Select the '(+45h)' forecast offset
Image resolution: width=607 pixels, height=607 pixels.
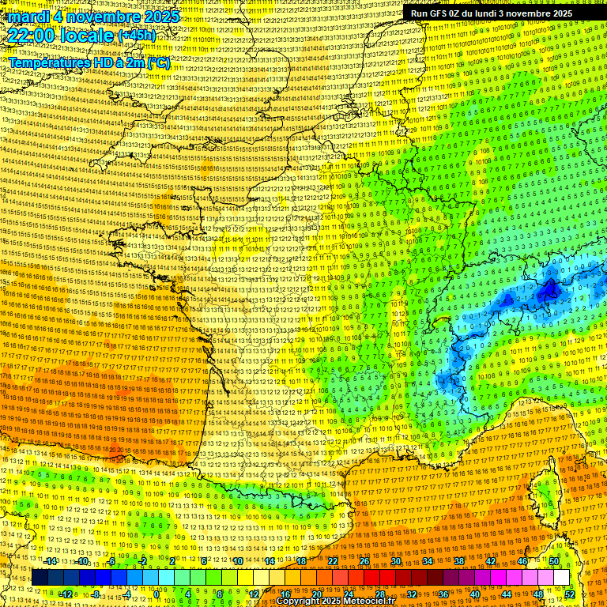pos(138,36)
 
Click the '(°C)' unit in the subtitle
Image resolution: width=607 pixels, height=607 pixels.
pos(157,62)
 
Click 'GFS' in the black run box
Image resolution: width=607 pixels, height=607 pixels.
pos(439,13)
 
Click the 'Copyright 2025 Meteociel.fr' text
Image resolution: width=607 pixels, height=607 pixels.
pos(335,601)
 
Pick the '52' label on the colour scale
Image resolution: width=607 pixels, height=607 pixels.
pos(570,594)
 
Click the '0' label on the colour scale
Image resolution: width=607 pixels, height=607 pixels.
pos(157,594)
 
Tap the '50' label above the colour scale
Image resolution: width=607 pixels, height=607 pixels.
pos(554,562)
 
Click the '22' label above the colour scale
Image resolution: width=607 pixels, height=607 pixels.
pos(333,562)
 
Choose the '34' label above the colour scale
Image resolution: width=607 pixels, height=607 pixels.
pos(428,562)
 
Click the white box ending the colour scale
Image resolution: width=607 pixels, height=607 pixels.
pos(561,578)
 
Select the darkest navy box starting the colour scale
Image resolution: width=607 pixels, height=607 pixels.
pos(40,578)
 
